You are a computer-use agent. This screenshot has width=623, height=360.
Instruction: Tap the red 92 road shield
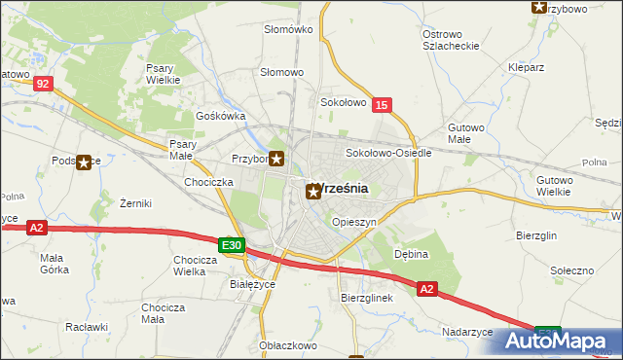[x=42, y=85]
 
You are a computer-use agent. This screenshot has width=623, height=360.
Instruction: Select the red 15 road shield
[x=383, y=104]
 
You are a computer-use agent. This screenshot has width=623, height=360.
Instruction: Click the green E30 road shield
[x=230, y=246]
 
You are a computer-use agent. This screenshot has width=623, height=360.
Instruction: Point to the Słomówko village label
[x=288, y=29]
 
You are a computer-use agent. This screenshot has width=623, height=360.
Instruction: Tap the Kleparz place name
[x=526, y=68]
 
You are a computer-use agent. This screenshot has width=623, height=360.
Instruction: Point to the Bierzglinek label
[x=366, y=298]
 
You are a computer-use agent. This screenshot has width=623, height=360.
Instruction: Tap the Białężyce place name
[x=251, y=284]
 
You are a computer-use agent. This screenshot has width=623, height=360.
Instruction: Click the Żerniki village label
[x=135, y=204]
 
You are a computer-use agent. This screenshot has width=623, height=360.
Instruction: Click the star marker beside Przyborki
[x=277, y=160]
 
